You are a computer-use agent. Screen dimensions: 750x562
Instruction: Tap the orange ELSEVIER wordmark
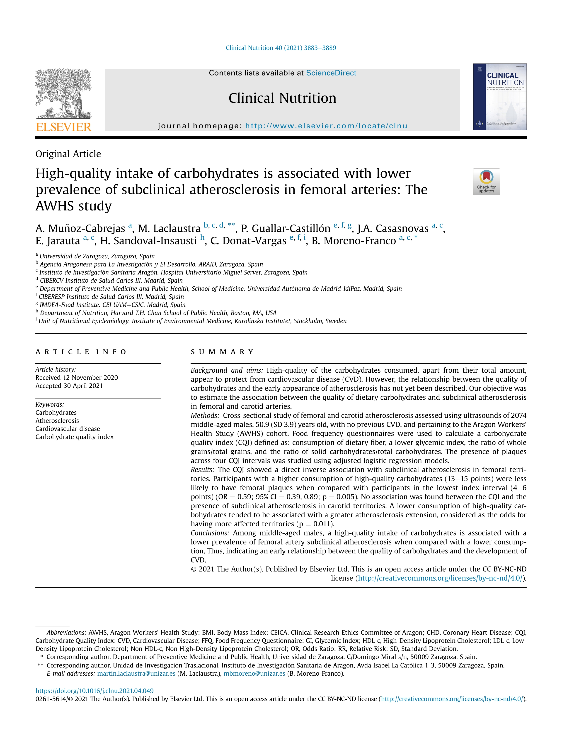tap(63, 127)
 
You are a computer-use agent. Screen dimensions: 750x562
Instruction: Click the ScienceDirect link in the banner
tap(331, 73)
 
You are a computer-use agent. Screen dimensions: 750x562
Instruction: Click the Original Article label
tap(68, 154)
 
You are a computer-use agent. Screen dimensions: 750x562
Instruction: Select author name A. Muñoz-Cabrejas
tap(80, 229)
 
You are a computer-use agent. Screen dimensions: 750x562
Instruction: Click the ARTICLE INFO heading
tap(81, 352)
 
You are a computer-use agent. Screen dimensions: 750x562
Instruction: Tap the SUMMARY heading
tap(222, 352)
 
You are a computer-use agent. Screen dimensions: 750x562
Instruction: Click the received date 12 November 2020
tap(77, 378)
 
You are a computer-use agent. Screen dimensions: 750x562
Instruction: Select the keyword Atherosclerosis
tap(57, 421)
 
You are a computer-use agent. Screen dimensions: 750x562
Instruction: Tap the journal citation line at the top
tap(281, 48)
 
